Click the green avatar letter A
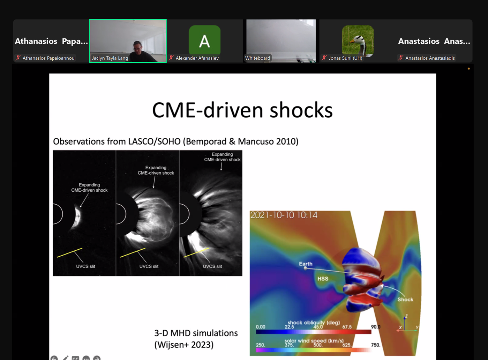coord(204,41)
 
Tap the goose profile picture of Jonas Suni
coord(358,41)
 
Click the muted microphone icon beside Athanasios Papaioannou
coord(18,58)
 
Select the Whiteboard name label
coord(257,58)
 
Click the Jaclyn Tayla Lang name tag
coord(110,58)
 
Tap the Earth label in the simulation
coord(306,264)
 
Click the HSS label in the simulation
coord(323,279)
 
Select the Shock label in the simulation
coord(405,299)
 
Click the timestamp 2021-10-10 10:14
coord(284,215)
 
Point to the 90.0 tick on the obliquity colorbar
coord(376,326)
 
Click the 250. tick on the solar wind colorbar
coord(261,345)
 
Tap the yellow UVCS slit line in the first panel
coord(70,253)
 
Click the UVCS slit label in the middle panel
coord(149,266)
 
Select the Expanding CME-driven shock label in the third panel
coord(222,157)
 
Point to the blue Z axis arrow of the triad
coord(405,323)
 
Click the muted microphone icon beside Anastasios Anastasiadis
coord(401,58)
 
